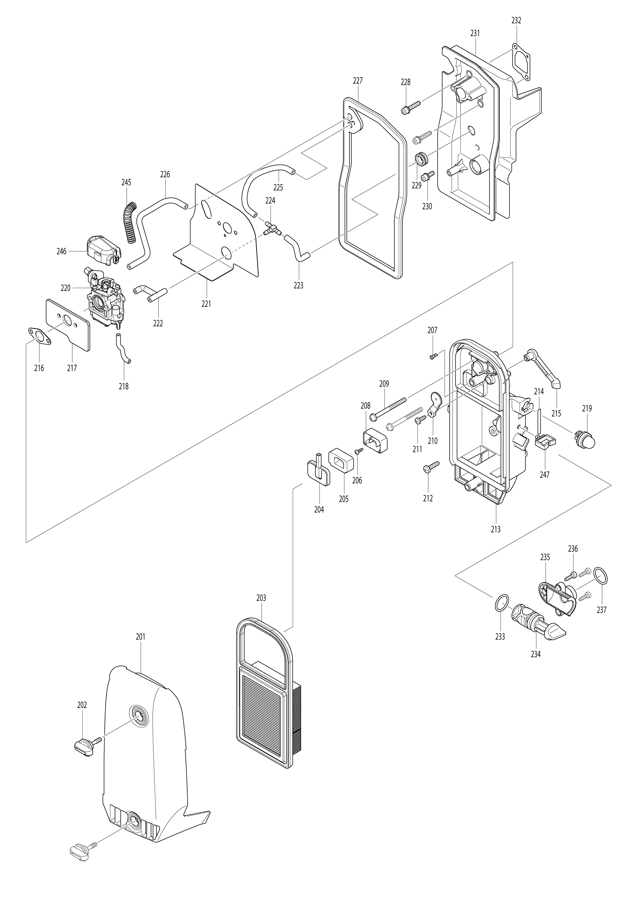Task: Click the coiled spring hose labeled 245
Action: [x=129, y=223]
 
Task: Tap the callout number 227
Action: [x=357, y=81]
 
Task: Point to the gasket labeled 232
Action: [x=520, y=63]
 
